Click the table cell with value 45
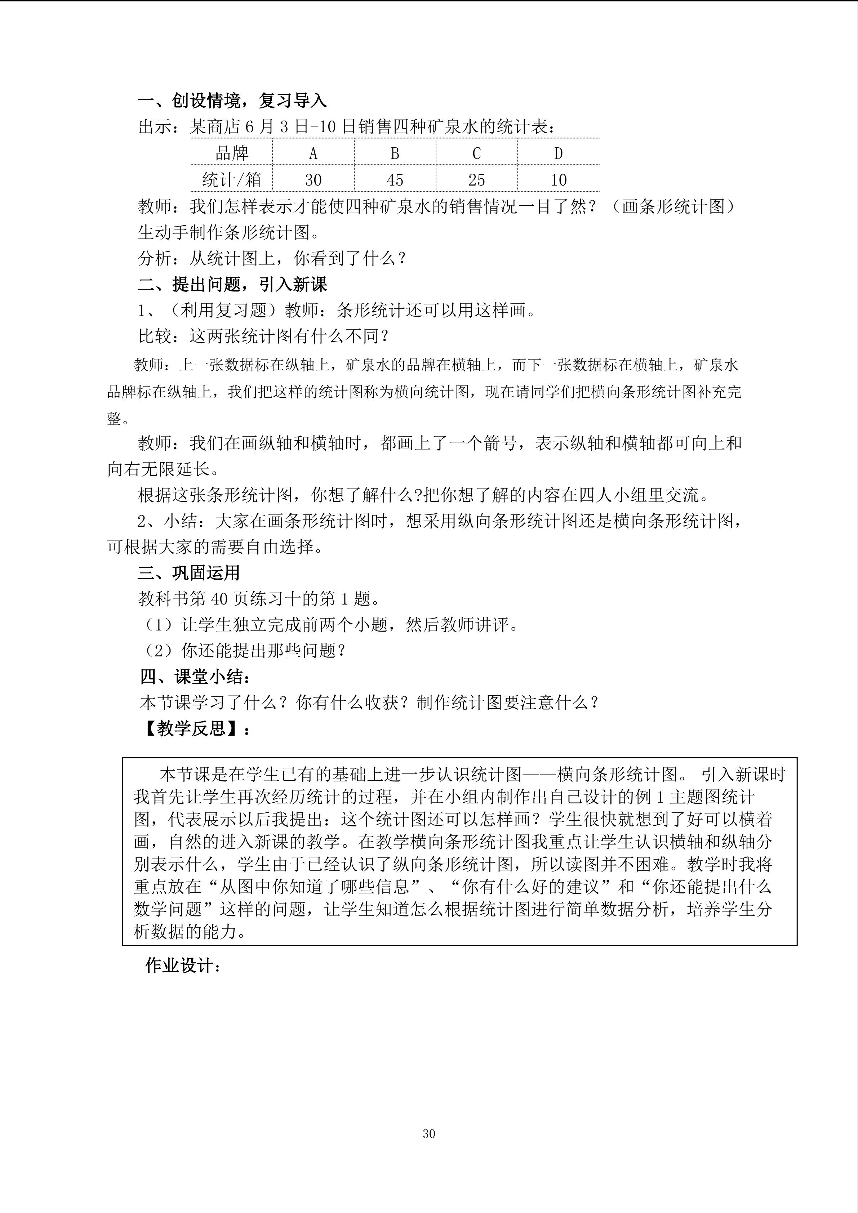coord(395,180)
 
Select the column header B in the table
coord(395,153)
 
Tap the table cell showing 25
coord(476,180)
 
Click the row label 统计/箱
coord(231,180)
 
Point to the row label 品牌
coord(231,153)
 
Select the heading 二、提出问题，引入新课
coord(232,284)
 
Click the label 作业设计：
coord(182,966)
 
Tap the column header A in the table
coord(313,153)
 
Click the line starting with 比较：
coord(264,336)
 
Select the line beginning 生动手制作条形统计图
coord(229,232)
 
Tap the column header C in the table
coord(476,153)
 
